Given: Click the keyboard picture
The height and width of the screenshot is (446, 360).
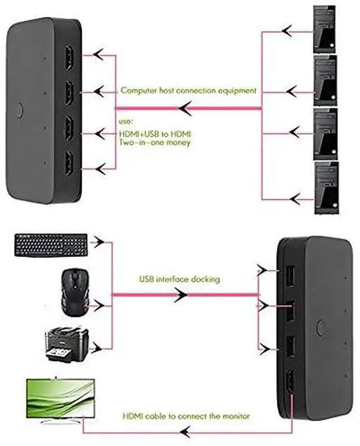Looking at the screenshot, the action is (x=51, y=245).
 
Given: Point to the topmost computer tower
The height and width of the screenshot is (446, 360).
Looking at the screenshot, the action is (x=325, y=29).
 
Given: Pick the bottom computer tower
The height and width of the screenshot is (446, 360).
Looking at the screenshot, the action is (x=327, y=188).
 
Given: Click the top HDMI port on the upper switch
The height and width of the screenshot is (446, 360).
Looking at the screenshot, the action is (x=69, y=58).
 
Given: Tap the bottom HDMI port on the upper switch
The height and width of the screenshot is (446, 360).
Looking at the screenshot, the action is (x=69, y=163).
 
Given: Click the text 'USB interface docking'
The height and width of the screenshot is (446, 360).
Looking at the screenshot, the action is (x=179, y=279).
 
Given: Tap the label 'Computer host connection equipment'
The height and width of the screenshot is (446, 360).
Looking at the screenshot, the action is (x=188, y=91).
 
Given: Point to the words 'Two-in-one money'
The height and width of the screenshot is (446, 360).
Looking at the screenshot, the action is (x=155, y=142).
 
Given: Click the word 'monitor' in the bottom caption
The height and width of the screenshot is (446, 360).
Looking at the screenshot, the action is (x=236, y=416).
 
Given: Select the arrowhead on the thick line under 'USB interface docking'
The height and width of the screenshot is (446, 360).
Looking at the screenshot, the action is (x=181, y=295).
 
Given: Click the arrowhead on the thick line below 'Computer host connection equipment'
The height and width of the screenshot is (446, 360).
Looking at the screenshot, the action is (x=185, y=108).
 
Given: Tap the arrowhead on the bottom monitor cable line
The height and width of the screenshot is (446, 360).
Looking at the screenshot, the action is (x=185, y=432).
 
